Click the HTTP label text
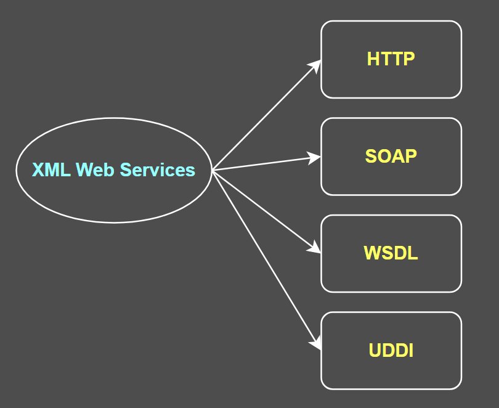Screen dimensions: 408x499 (391, 59)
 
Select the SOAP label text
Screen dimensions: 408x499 (391, 156)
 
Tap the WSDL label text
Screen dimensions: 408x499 (391, 253)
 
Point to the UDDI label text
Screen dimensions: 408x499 (391, 351)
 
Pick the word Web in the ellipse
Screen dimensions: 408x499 (95, 169)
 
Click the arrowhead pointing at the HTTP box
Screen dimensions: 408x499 (316, 65)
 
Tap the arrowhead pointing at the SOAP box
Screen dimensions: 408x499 (315, 157)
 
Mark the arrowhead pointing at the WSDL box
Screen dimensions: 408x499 (315, 248)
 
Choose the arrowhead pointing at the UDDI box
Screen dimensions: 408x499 (317, 343)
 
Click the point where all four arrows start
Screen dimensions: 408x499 (213, 170)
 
